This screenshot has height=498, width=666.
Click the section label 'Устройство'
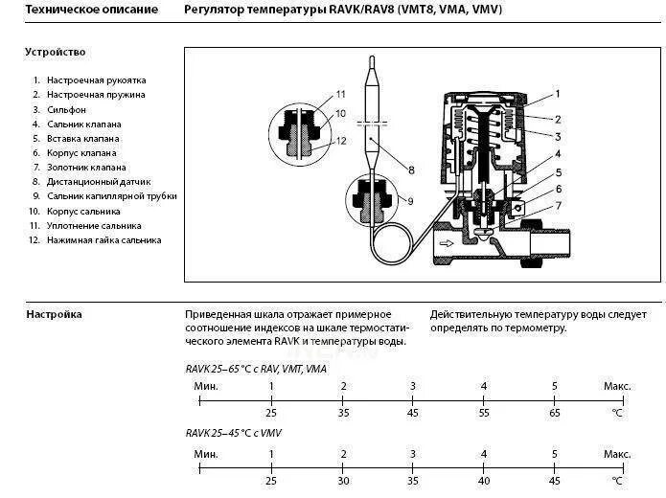click(56, 52)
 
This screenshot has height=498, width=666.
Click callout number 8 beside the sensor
click(410, 170)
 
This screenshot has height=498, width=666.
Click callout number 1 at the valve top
click(557, 94)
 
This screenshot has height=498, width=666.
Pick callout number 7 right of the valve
click(557, 206)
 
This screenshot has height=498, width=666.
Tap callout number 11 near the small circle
click(338, 94)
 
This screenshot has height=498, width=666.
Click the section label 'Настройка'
click(54, 314)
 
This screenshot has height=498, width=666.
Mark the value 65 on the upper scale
click(554, 413)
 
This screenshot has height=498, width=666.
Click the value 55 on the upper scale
click(484, 413)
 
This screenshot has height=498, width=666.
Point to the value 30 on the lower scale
click(342, 480)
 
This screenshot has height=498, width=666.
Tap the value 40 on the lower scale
click(484, 480)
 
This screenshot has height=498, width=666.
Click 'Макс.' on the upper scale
click(616, 386)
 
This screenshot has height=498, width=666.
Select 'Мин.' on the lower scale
click(205, 453)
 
